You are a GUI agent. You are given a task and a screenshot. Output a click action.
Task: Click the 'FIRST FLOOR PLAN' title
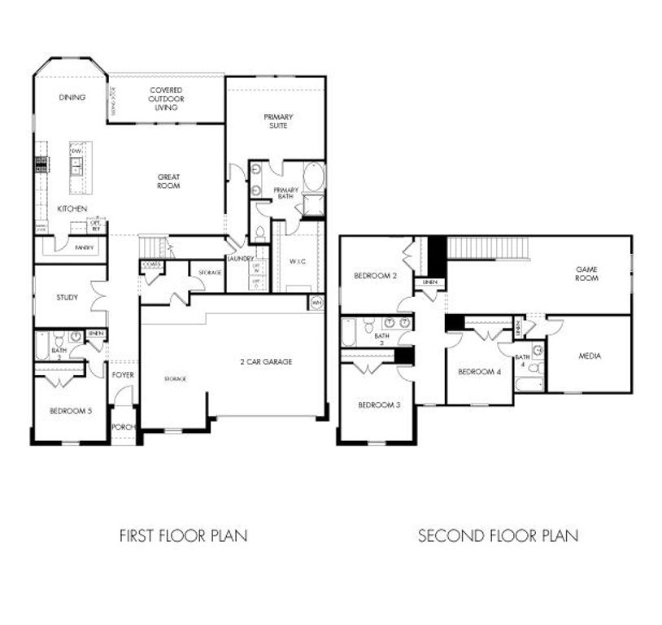(183, 535)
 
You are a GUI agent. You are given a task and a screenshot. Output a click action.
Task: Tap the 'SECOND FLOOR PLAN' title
(498, 535)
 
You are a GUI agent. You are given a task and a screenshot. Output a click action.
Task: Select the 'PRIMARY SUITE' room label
(278, 121)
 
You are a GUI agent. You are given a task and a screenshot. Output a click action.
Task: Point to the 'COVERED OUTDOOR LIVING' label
(166, 98)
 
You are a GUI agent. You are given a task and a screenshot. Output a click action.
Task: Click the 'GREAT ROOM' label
(168, 181)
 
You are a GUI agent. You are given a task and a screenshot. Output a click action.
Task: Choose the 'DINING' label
(72, 98)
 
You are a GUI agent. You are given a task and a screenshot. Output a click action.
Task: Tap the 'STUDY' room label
(68, 297)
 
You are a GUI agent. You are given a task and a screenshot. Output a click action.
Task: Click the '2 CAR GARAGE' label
(265, 361)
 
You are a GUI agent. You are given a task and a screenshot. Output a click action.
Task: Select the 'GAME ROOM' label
(586, 273)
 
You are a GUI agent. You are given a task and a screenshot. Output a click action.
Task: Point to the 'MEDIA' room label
(590, 356)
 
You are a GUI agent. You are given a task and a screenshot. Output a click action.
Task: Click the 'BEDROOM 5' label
(70, 411)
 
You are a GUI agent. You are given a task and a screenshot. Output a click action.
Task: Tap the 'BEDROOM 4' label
(479, 372)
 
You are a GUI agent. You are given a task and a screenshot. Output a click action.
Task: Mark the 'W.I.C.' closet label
(298, 261)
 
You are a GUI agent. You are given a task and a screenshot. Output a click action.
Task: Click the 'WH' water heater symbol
(316, 303)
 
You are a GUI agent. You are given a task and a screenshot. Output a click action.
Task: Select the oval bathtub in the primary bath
(313, 177)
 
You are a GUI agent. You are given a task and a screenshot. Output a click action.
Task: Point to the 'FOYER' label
(124, 375)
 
